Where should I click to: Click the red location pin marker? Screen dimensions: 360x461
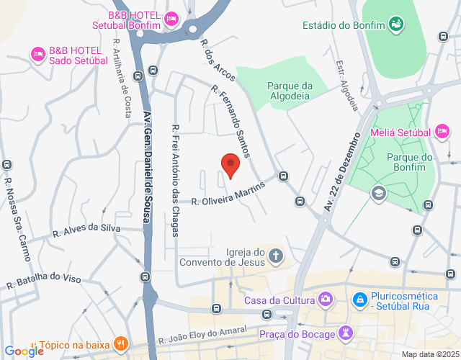(230, 165)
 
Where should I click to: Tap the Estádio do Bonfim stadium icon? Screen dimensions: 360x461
(395, 25)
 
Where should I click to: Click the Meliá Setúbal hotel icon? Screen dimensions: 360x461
(444, 132)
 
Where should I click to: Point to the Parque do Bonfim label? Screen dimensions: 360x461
(408, 162)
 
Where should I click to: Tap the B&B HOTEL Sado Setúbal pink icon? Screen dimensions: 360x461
(37, 53)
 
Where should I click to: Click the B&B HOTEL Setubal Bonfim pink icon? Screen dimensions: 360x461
(171, 19)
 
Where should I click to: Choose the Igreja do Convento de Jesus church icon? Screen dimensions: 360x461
(276, 256)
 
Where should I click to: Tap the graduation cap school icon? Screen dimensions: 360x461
(378, 193)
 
